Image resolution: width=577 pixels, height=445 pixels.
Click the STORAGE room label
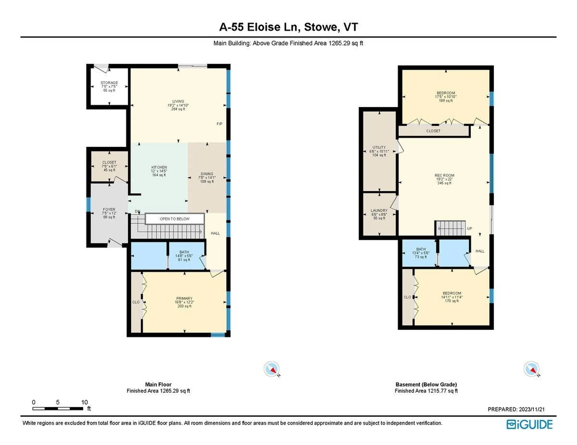click(109, 83)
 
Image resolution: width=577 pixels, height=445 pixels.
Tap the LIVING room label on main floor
click(178, 101)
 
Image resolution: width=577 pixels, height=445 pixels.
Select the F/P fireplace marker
click(219, 124)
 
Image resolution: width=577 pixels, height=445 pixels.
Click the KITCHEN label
click(159, 167)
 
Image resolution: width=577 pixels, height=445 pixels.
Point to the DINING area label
click(207, 174)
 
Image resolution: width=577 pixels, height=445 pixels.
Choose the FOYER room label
click(109, 209)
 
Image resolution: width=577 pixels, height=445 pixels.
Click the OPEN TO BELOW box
click(175, 219)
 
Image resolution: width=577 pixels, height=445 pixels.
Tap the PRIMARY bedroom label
click(184, 299)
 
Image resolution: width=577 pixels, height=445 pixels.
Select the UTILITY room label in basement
click(379, 148)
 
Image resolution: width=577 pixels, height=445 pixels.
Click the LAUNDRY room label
click(379, 211)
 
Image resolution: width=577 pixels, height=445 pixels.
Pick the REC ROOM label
click(444, 176)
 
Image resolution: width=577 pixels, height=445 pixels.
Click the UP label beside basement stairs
click(469, 229)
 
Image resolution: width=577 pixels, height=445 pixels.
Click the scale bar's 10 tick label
click(84, 402)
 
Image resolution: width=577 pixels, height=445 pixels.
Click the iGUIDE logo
click(530, 424)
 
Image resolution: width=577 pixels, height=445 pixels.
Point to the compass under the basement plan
click(531, 369)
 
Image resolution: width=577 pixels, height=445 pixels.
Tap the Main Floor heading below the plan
click(158, 384)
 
